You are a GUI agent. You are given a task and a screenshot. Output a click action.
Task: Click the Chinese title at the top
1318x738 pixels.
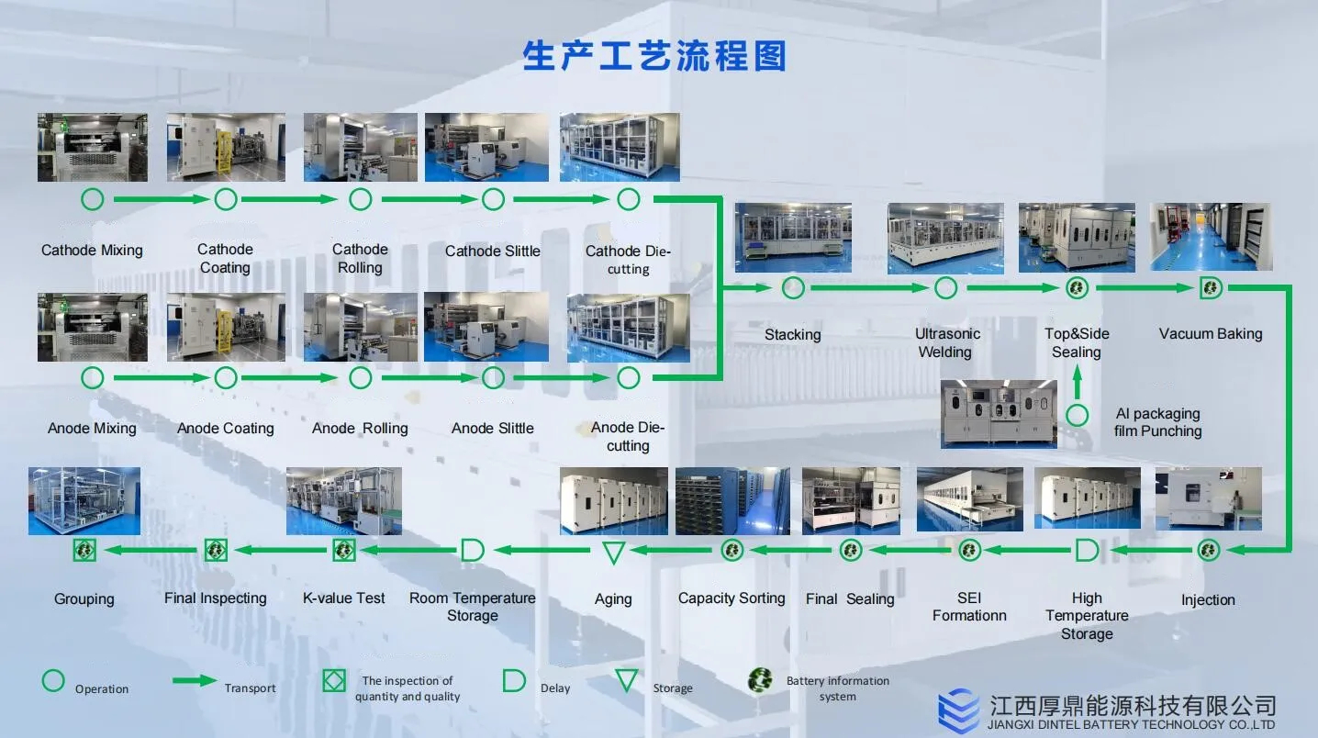(x=654, y=56)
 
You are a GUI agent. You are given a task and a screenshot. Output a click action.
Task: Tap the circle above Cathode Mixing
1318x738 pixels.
(x=92, y=198)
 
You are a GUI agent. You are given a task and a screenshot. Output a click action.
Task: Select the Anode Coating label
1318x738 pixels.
(x=225, y=428)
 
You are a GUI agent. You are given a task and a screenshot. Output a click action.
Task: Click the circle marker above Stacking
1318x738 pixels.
(x=793, y=288)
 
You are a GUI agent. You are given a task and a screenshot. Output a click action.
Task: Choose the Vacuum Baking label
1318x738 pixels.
(x=1211, y=334)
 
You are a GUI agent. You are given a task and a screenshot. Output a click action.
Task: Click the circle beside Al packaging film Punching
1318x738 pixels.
(x=1077, y=415)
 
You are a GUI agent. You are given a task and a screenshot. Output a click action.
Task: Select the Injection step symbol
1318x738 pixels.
(x=1208, y=550)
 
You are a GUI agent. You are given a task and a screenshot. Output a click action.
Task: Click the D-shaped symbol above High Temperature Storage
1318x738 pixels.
(x=1087, y=551)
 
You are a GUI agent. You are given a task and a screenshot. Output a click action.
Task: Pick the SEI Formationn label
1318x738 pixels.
(x=969, y=607)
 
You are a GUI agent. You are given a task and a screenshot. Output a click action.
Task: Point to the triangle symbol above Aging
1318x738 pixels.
(x=613, y=552)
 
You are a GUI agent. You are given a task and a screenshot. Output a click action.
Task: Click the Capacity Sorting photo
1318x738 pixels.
(x=732, y=500)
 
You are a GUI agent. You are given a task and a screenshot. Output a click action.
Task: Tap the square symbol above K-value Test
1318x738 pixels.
(x=343, y=550)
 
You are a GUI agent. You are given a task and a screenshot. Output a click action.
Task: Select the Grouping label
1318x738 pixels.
(x=84, y=599)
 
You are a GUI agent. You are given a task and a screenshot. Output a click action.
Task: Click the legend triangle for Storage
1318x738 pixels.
(x=627, y=681)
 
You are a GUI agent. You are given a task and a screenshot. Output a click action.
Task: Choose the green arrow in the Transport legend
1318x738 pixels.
(x=195, y=681)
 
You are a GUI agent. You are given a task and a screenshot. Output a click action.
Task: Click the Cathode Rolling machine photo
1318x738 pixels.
(x=360, y=148)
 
